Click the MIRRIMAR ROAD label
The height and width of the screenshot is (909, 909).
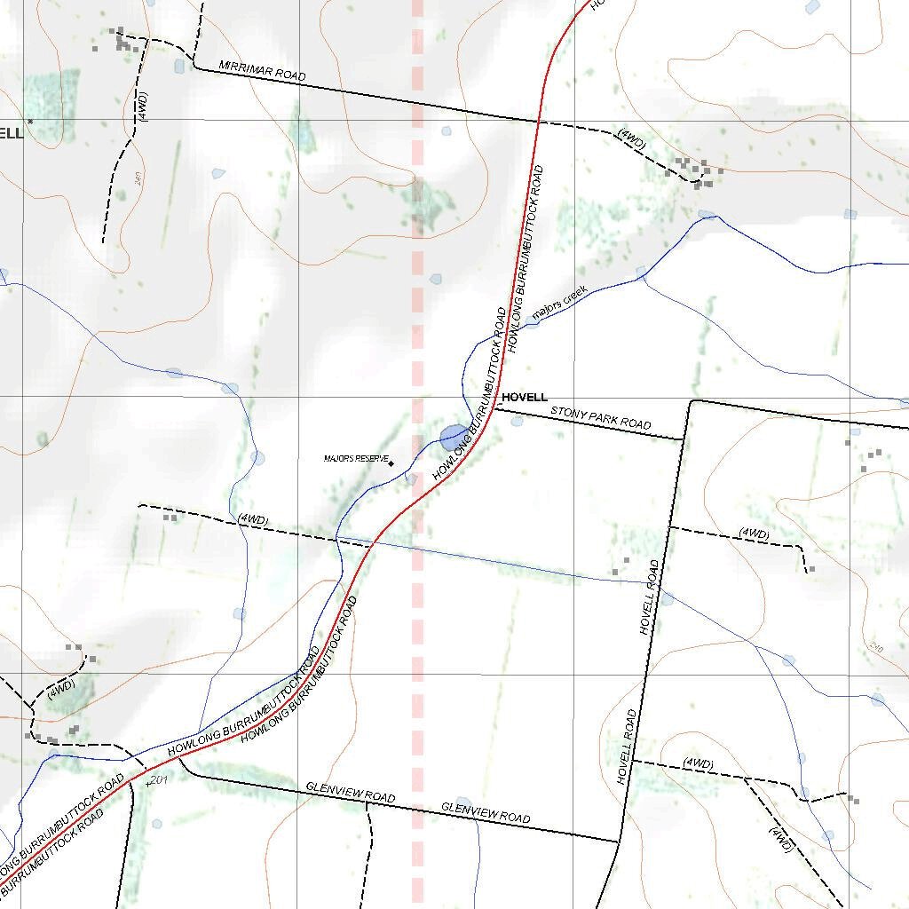pos(262,72)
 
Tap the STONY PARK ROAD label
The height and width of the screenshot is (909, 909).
pos(601,418)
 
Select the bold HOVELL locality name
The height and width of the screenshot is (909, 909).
pos(525,398)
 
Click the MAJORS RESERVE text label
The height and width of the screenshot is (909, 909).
pos(356,459)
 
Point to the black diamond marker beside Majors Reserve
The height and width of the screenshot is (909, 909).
pos(391,462)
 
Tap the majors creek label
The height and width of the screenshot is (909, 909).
pos(559,303)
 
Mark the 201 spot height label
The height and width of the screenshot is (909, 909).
pos(158,779)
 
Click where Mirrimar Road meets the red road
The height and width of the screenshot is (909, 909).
pos(538,120)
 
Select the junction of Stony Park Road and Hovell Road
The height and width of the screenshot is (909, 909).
pos(684,439)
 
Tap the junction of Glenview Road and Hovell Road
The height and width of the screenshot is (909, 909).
pos(618,842)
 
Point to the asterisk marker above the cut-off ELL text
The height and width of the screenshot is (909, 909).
pos(29,121)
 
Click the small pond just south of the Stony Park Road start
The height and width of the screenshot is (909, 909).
pos(517,421)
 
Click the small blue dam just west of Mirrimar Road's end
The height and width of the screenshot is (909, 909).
pos(179,66)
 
